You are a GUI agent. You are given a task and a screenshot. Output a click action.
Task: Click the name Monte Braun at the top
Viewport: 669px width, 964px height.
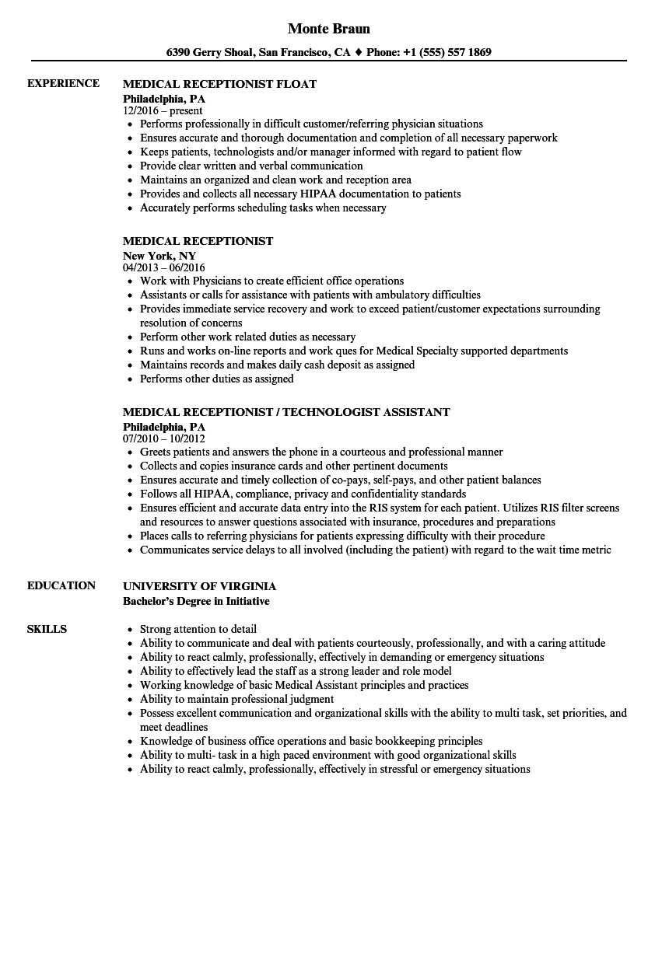(x=328, y=29)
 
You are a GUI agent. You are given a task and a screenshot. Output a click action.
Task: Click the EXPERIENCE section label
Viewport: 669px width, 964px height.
(x=63, y=83)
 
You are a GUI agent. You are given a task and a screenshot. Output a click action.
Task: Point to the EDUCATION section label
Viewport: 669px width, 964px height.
(x=61, y=585)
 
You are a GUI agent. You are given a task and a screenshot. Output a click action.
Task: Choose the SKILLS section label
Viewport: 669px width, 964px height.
(x=47, y=629)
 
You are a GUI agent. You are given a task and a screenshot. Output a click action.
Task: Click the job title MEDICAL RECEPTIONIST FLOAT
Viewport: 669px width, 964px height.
(x=219, y=84)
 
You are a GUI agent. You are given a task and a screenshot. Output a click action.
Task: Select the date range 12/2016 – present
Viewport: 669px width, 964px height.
(x=163, y=111)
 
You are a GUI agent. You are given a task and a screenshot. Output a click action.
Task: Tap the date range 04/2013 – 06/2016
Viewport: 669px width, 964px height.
(x=164, y=268)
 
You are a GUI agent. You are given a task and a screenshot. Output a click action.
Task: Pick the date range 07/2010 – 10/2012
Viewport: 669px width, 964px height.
(x=164, y=439)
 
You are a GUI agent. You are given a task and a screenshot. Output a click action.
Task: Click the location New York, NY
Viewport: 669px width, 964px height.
(x=159, y=255)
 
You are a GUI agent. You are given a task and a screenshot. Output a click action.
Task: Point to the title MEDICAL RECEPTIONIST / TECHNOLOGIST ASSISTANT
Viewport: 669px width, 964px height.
(x=286, y=412)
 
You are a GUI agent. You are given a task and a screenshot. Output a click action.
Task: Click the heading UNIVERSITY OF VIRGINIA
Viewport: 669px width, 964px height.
(x=199, y=586)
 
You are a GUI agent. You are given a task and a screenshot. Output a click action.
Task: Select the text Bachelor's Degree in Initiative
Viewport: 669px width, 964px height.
(x=196, y=601)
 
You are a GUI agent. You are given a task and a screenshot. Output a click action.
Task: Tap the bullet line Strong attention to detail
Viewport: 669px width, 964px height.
(x=198, y=629)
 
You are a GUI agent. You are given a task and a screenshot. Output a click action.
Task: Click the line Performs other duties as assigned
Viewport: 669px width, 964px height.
(x=216, y=379)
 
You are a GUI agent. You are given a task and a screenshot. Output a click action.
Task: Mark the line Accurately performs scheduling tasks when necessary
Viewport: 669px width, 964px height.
(x=263, y=208)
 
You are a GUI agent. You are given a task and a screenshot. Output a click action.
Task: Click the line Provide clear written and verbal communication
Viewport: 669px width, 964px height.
(x=251, y=166)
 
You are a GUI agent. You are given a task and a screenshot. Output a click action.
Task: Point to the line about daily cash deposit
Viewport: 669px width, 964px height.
(x=277, y=365)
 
